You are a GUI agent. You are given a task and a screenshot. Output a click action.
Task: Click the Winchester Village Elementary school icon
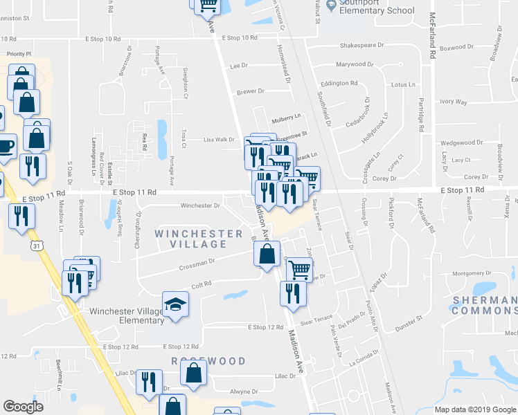pyautogui.click(x=175, y=303)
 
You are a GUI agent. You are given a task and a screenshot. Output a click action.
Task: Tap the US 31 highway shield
pyautogui.click(x=37, y=246)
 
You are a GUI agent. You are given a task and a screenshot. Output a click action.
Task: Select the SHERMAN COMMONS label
pyautogui.click(x=484, y=306)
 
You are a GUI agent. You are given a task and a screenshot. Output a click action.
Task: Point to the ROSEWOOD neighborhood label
pyautogui.click(x=208, y=361)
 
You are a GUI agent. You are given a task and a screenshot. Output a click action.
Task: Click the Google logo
pyautogui.click(x=23, y=406)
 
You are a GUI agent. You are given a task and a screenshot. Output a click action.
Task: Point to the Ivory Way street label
pyautogui.click(x=454, y=102)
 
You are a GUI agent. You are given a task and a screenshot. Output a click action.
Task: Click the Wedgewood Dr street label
pyautogui.click(x=461, y=142)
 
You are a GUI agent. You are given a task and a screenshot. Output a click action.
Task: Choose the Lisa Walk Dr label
pyautogui.click(x=219, y=139)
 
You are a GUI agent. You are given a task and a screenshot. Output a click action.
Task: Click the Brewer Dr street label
pyautogui.click(x=251, y=91)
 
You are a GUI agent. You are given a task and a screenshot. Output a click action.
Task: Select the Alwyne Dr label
pyautogui.click(x=244, y=391)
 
